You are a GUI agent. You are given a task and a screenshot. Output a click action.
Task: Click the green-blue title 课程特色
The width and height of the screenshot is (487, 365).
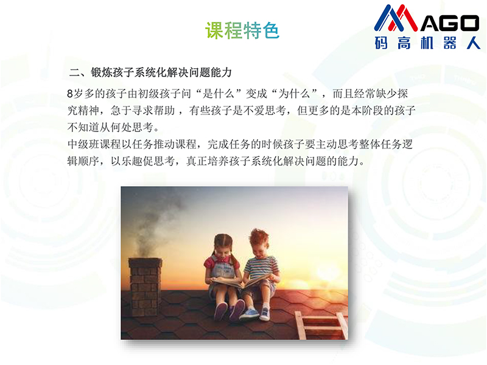click(x=242, y=30)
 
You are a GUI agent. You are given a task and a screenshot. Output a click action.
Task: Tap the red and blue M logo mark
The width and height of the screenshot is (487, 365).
click(x=396, y=18)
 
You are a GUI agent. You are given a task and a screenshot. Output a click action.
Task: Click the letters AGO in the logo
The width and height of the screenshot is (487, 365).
click(x=450, y=23)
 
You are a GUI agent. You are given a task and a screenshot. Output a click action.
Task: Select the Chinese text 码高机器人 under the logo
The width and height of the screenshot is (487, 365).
click(x=427, y=43)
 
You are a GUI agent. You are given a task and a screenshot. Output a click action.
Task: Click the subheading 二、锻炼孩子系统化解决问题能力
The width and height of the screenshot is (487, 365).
click(x=150, y=72)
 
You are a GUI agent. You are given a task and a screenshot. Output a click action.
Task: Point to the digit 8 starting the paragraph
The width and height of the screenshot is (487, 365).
click(x=70, y=94)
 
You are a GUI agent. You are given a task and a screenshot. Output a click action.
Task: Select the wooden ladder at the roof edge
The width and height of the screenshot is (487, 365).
click(x=321, y=325)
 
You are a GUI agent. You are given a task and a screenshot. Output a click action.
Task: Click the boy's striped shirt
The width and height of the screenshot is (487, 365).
click(x=262, y=267)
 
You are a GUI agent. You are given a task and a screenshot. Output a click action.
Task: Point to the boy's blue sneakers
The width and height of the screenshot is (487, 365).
click(x=254, y=313)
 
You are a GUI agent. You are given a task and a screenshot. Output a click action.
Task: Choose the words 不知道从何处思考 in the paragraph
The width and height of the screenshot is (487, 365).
click(x=110, y=127)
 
